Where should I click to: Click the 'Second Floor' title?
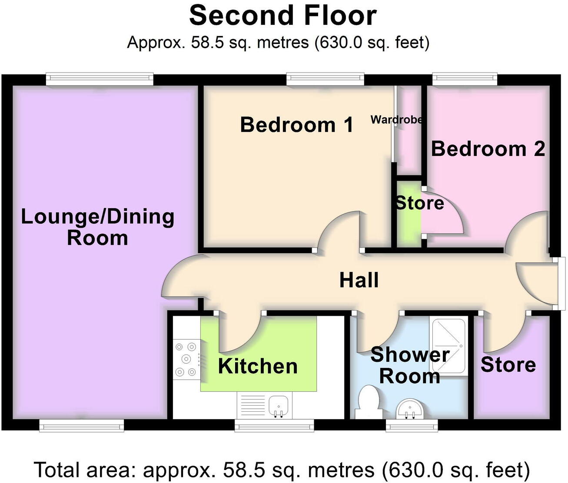[283, 16]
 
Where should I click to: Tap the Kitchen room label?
[258, 366]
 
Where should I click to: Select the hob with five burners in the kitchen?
[186, 359]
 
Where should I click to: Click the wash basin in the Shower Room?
[409, 409]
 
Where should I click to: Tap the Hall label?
[359, 280]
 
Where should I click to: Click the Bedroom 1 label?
[296, 125]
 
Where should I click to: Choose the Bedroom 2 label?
[488, 149]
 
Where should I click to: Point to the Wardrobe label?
[396, 119]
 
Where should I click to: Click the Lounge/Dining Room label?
[98, 227]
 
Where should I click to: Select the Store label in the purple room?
[508, 365]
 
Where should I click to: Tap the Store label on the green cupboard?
[419, 203]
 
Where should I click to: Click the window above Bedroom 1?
[325, 79]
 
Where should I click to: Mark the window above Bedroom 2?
[465, 79]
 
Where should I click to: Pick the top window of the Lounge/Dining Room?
[100, 79]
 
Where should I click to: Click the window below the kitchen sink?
[274, 426]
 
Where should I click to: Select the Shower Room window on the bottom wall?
[412, 426]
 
